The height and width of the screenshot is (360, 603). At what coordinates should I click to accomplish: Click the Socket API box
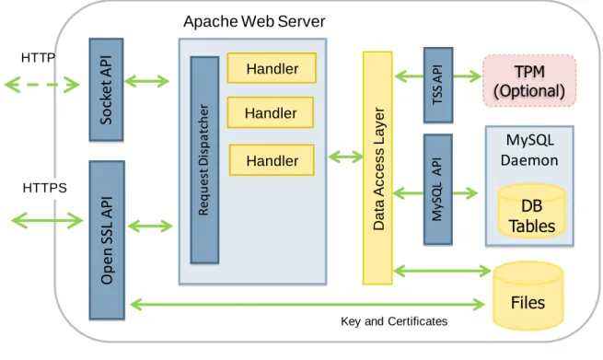106,89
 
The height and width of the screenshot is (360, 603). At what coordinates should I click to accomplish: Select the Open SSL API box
107,240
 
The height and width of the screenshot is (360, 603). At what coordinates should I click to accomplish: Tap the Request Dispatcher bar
204,160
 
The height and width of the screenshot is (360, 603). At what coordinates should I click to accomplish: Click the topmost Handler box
272,68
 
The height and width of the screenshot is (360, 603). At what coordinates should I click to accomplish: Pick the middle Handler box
271,112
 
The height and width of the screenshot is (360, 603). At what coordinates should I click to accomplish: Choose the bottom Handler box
272,160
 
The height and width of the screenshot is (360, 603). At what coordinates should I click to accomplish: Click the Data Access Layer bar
377,168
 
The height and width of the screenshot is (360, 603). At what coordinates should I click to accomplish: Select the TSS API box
438,85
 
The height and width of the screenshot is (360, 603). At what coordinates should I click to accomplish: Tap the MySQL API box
438,190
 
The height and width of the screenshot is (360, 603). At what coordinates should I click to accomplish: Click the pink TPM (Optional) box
529,81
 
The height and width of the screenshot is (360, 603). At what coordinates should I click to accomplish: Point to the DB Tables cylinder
532,210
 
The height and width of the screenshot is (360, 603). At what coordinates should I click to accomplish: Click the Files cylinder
528,296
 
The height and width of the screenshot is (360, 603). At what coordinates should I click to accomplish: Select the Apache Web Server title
254,21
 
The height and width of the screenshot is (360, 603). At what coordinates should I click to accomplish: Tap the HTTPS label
44,188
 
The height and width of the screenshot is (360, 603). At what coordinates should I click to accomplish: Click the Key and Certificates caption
394,321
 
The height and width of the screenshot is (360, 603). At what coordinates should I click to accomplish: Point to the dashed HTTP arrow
41,85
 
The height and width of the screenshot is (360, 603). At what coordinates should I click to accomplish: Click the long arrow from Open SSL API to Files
307,305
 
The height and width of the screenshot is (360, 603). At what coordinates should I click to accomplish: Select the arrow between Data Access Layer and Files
442,271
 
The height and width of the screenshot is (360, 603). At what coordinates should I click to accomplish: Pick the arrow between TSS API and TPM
467,76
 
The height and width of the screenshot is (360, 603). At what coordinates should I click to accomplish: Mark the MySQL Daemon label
529,150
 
